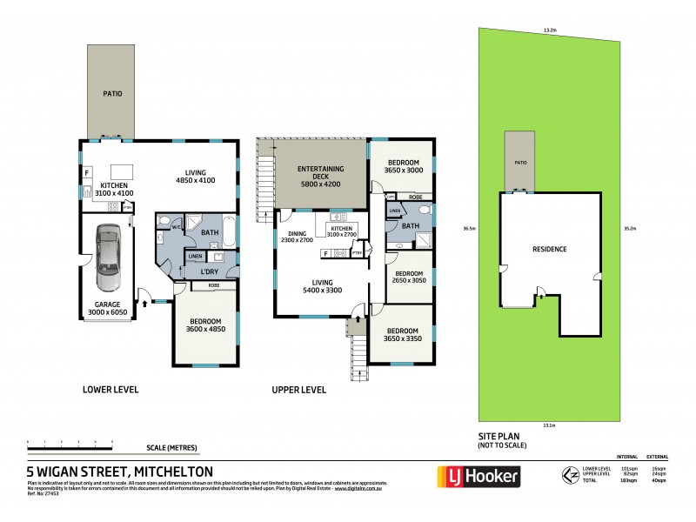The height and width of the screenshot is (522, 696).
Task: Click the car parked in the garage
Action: pyautogui.click(x=107, y=257)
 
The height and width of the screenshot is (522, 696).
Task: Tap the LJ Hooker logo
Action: pyautogui.click(x=478, y=476)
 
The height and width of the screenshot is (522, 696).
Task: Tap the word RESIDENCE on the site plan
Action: pyautogui.click(x=550, y=249)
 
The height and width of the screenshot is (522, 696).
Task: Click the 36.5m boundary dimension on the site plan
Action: pyautogui.click(x=471, y=229)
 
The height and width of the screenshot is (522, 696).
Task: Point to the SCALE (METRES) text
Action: pyautogui.click(x=171, y=448)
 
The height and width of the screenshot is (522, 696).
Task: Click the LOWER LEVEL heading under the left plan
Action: pyautogui.click(x=110, y=389)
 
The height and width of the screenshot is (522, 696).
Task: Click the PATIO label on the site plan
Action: pyautogui.click(x=520, y=163)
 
